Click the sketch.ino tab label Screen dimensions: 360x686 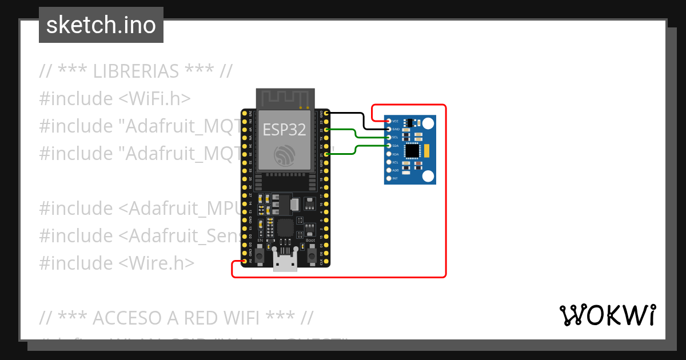click(101, 25)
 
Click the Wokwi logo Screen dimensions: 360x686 click(607, 315)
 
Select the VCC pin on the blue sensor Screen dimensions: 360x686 click(389, 121)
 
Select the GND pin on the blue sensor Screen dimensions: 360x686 click(389, 129)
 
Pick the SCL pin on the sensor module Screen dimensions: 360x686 click(389, 137)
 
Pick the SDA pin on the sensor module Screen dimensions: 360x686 click(389, 146)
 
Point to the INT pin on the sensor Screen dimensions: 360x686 click(389, 178)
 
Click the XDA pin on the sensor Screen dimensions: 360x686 click(389, 154)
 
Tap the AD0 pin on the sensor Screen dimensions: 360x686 click(389, 170)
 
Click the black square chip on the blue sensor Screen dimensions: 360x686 click(412, 151)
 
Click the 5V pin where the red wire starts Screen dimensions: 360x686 click(245, 262)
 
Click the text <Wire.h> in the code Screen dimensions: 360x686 click(157, 263)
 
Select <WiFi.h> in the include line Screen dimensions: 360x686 click(154, 99)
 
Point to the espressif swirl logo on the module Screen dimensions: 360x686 click(284, 155)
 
